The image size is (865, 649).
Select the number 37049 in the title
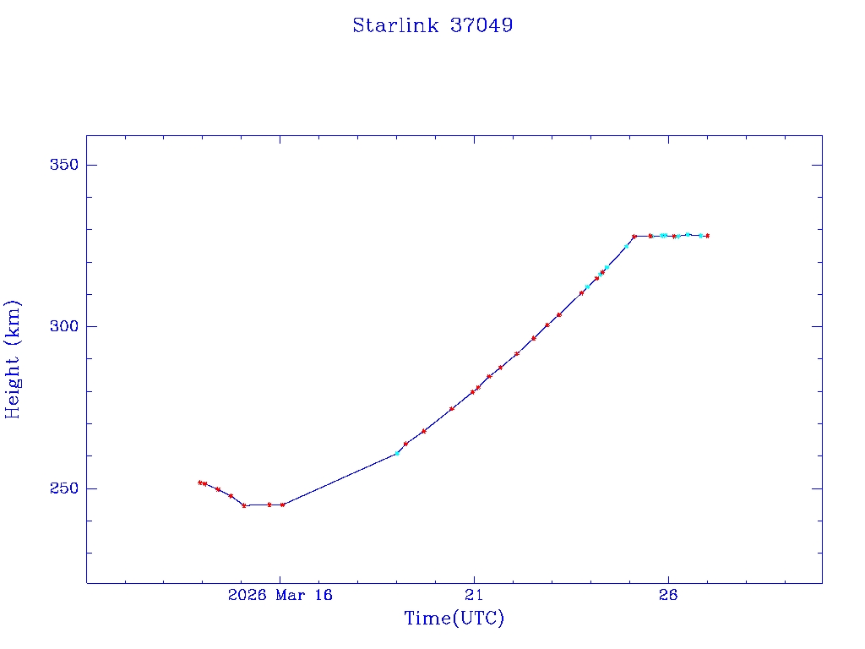click(481, 25)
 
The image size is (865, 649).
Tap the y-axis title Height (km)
click(13, 359)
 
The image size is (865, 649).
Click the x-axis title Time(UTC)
click(454, 619)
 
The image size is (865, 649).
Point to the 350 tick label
click(62, 165)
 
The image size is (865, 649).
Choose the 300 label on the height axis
click(62, 327)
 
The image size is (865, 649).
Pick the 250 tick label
click(62, 488)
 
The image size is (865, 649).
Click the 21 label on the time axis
click(474, 595)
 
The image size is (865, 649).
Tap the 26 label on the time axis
click(668, 595)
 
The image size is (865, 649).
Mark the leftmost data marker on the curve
click(200, 483)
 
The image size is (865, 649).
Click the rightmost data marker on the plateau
click(707, 236)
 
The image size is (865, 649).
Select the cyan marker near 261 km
click(397, 453)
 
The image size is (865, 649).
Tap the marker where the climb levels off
click(634, 236)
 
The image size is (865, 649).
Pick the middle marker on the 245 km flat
click(269, 504)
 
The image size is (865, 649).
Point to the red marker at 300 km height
click(547, 324)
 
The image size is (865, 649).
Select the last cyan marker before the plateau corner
click(626, 246)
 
